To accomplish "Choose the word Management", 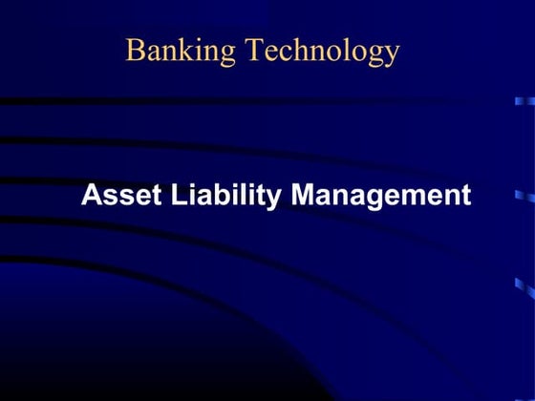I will click(x=380, y=196).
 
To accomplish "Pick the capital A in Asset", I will click(x=91, y=195).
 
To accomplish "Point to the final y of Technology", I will click(x=392, y=55).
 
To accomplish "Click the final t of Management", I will click(x=465, y=196).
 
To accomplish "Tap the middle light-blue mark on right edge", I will click(x=524, y=195).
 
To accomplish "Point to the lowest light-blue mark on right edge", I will click(x=524, y=284).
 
